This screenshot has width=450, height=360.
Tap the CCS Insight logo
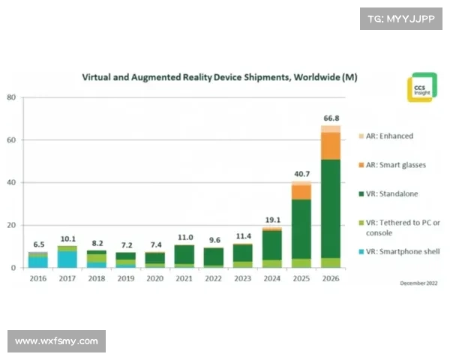click(419, 87)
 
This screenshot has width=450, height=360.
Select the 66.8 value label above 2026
click(331, 118)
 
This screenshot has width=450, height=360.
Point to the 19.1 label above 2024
click(271, 220)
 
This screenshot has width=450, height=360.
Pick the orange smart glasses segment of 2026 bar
click(331, 145)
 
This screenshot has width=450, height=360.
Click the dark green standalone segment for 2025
click(301, 229)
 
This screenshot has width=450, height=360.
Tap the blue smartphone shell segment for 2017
click(67, 259)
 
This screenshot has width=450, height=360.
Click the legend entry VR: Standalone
click(390, 194)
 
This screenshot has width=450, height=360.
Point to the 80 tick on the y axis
click(12, 97)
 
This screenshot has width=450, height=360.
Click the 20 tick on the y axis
click(12, 225)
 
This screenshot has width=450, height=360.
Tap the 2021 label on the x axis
click(184, 278)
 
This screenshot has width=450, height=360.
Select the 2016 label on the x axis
click(37, 278)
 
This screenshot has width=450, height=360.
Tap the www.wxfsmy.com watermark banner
click(57, 341)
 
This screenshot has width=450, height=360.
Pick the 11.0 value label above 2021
click(184, 237)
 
